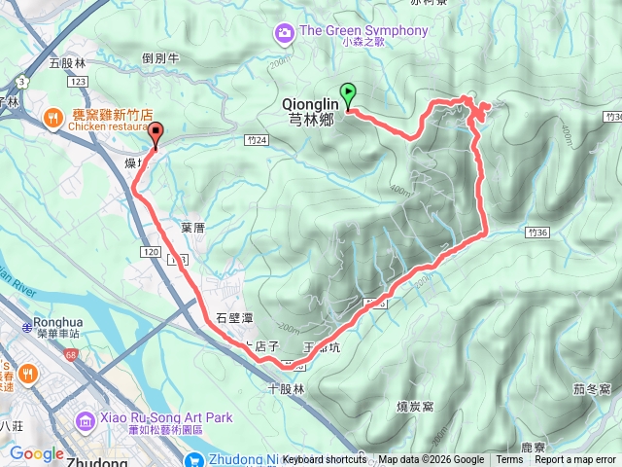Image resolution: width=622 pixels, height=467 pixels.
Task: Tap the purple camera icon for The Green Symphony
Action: [285, 32]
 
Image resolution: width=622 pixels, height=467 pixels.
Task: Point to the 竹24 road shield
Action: [257, 141]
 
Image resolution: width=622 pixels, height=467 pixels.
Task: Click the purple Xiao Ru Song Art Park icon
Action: [86, 419]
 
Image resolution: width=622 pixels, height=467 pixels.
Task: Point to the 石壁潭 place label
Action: [233, 317]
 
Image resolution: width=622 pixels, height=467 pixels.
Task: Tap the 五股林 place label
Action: [68, 63]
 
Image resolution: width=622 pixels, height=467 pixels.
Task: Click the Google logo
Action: [36, 453]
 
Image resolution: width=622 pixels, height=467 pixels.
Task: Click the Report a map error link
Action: [575, 460]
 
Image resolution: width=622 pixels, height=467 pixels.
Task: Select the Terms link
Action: [508, 460]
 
